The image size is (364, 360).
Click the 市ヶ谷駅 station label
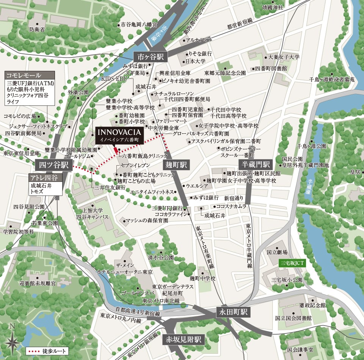(x=151, y=57)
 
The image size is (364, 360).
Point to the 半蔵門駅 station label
(x=256, y=164)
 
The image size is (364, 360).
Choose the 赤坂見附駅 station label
(x=183, y=339)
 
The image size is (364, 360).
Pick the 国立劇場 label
(x=277, y=252)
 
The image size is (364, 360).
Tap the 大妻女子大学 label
(x=284, y=57)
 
